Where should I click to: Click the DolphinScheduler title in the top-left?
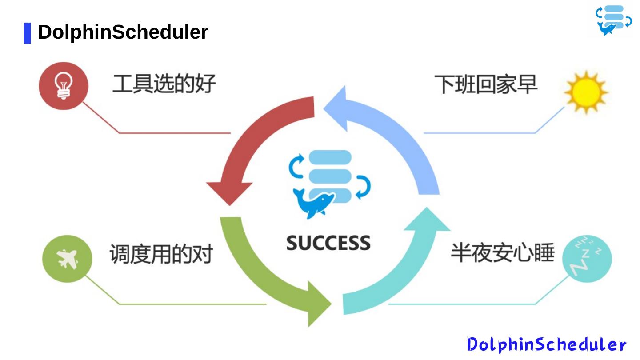coord(123,32)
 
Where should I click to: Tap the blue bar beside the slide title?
coord(28,33)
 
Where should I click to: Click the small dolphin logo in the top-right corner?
coord(613,20)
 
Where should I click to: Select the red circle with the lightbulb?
coord(64,85)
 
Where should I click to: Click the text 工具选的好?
coord(164,84)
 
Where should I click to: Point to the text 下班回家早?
coord(486,84)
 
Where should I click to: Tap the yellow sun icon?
coord(585,92)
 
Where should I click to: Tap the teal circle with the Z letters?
coord(587,259)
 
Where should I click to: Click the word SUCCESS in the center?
coord(328,243)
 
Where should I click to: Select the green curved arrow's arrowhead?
coord(318,304)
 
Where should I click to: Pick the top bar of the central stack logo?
coord(330,157)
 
